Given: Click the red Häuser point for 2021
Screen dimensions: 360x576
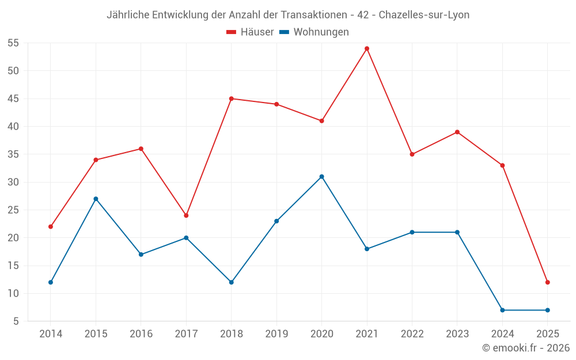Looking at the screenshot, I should [367, 48].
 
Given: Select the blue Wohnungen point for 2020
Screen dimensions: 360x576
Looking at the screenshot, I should [321, 177].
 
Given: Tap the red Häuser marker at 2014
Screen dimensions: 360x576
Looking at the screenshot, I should [51, 226].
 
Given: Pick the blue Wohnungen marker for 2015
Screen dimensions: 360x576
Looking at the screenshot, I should [96, 199].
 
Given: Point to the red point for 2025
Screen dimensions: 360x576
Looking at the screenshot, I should [548, 282].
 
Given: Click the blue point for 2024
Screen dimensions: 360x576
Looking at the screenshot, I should [502, 310].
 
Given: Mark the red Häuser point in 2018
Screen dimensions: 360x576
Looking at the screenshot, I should [232, 98].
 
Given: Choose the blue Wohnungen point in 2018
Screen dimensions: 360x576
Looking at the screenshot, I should [232, 282].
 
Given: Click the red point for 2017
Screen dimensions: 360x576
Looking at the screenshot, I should [186, 215].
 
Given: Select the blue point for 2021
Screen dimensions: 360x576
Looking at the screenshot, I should [367, 249].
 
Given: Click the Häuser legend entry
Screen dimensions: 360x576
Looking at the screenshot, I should [250, 32].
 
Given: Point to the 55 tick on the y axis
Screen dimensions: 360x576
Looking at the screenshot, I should [13, 43].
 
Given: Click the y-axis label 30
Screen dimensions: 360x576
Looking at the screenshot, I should [13, 182].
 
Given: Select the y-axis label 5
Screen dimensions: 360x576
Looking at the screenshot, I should [16, 321].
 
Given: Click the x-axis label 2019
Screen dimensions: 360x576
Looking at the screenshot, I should [276, 334].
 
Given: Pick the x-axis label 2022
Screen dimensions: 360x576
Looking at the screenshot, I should [412, 334].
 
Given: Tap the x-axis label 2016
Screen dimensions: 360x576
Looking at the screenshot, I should [141, 334].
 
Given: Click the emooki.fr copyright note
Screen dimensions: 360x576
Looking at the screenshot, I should [526, 348].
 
